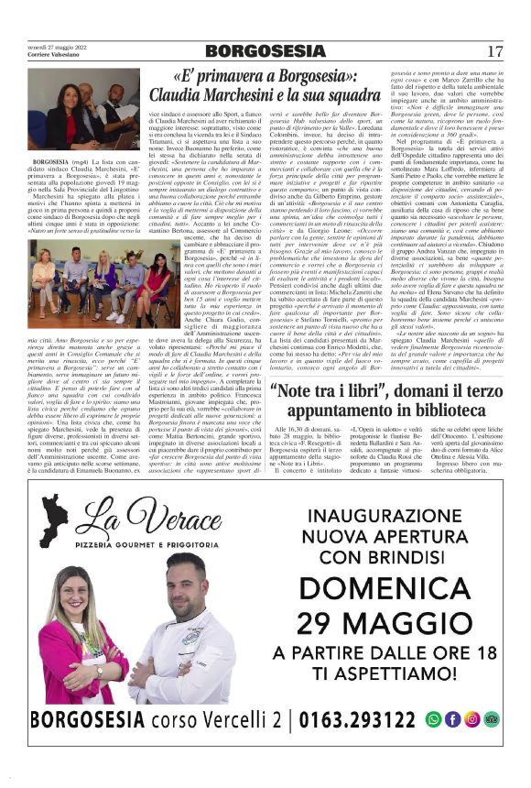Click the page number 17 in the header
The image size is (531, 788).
click(x=495, y=51)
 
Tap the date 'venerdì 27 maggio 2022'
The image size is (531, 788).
click(x=57, y=48)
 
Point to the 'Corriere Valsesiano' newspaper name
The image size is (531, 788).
click(x=49, y=56)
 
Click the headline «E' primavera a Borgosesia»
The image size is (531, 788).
click(x=265, y=77)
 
